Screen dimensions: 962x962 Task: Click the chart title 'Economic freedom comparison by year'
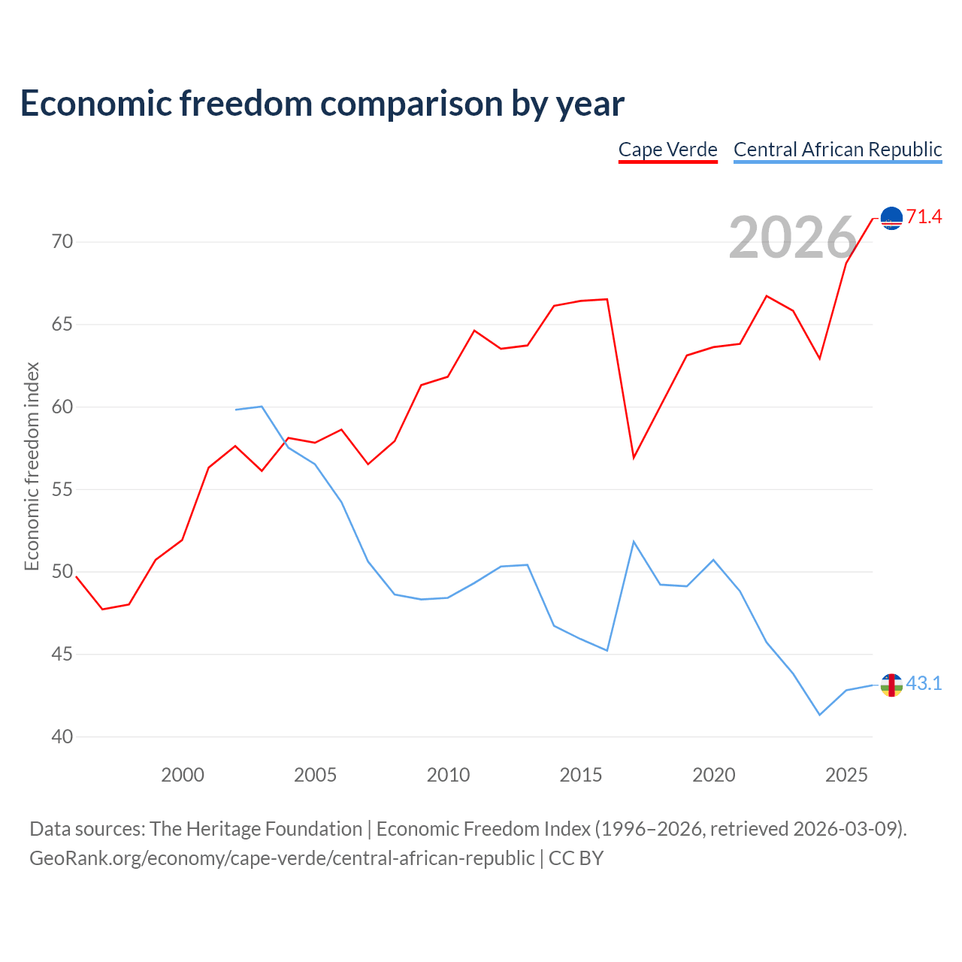322,103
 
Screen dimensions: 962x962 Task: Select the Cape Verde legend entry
667,150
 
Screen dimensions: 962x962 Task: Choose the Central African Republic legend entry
837,150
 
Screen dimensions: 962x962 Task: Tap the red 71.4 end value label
924,216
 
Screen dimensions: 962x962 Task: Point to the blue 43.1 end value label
924,683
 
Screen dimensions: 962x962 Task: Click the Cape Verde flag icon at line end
891,218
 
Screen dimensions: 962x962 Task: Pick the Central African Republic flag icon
891,685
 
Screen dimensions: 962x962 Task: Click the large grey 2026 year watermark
792,237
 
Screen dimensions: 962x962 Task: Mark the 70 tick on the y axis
62,241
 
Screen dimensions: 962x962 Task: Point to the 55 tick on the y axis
62,489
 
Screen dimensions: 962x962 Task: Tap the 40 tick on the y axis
62,737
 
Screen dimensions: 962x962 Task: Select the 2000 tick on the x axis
182,775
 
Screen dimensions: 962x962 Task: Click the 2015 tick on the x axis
581,775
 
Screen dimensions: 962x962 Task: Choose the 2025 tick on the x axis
846,775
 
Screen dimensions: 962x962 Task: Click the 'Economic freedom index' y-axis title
32,466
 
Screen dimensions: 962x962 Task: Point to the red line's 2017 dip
634,457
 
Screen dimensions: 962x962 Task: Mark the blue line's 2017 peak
634,542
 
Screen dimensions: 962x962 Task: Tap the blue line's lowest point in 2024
820,715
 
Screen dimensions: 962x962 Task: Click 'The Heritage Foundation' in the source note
256,829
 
